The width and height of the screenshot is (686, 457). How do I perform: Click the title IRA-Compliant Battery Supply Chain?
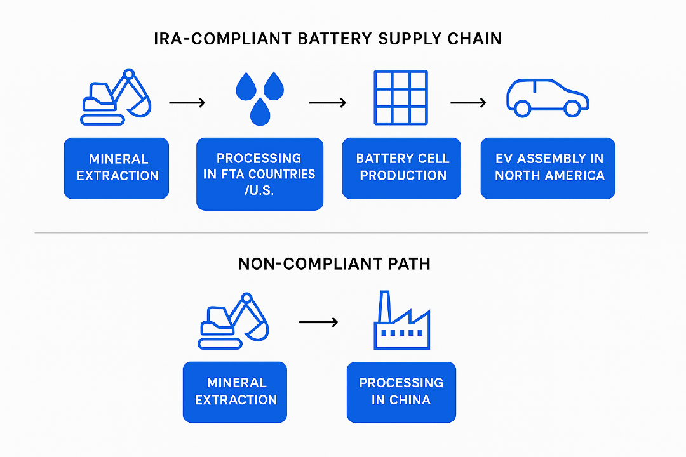coord(328,39)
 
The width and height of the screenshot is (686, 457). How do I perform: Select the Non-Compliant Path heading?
coord(334,263)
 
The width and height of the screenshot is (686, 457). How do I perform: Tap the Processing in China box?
coord(401,392)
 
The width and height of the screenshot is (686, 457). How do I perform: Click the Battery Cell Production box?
coord(401,168)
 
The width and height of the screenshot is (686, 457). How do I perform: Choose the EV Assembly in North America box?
coord(548,168)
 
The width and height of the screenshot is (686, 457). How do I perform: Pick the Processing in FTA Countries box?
coord(259,174)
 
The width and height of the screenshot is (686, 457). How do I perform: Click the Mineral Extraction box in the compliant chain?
coord(116,168)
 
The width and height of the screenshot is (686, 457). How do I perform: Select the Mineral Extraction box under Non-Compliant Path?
coord(235,392)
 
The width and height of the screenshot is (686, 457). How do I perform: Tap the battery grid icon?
coord(400,97)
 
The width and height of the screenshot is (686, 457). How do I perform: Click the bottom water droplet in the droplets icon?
coord(259,112)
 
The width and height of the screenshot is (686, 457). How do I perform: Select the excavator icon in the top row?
coord(117,96)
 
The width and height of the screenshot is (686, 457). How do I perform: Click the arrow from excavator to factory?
coord(318,323)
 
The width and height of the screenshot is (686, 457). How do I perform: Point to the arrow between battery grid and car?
coord(468,102)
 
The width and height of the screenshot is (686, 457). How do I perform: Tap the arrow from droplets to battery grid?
coord(327,102)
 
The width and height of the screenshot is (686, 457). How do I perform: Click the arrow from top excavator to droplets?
coord(187,102)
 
